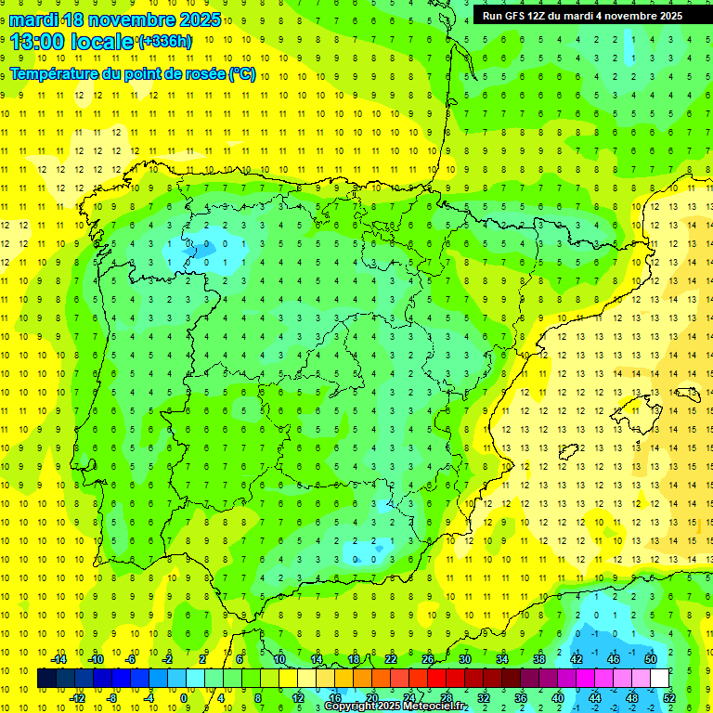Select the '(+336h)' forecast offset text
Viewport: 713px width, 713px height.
point(165,42)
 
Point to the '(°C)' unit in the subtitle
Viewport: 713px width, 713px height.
point(242,74)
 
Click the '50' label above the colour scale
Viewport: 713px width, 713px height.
point(650,659)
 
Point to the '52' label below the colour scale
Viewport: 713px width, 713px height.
point(669,698)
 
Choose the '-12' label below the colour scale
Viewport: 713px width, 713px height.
point(78,698)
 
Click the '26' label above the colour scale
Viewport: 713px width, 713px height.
point(428,659)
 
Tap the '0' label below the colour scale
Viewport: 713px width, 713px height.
point(184,698)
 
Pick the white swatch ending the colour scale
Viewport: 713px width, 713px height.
point(659,679)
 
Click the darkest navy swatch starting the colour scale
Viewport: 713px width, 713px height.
point(46,679)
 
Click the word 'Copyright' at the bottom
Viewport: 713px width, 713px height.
point(348,707)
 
